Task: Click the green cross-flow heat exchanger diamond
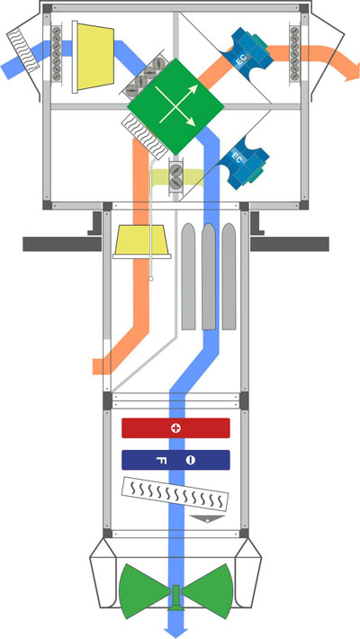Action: click(x=175, y=106)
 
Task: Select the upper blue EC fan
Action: click(x=247, y=50)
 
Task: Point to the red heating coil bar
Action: click(x=175, y=427)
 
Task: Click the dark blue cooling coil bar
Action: click(x=175, y=460)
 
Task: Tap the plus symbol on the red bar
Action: click(x=175, y=428)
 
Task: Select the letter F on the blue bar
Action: click(x=161, y=461)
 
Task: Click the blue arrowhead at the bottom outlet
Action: click(x=175, y=631)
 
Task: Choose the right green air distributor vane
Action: click(x=208, y=591)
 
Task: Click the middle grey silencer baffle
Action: click(x=208, y=276)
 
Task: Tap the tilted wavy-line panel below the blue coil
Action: click(x=175, y=494)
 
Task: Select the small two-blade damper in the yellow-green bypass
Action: click(x=175, y=176)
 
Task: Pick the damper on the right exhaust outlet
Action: click(x=294, y=53)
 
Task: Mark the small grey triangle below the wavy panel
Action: click(x=208, y=518)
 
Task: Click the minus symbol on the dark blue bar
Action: click(x=191, y=461)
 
